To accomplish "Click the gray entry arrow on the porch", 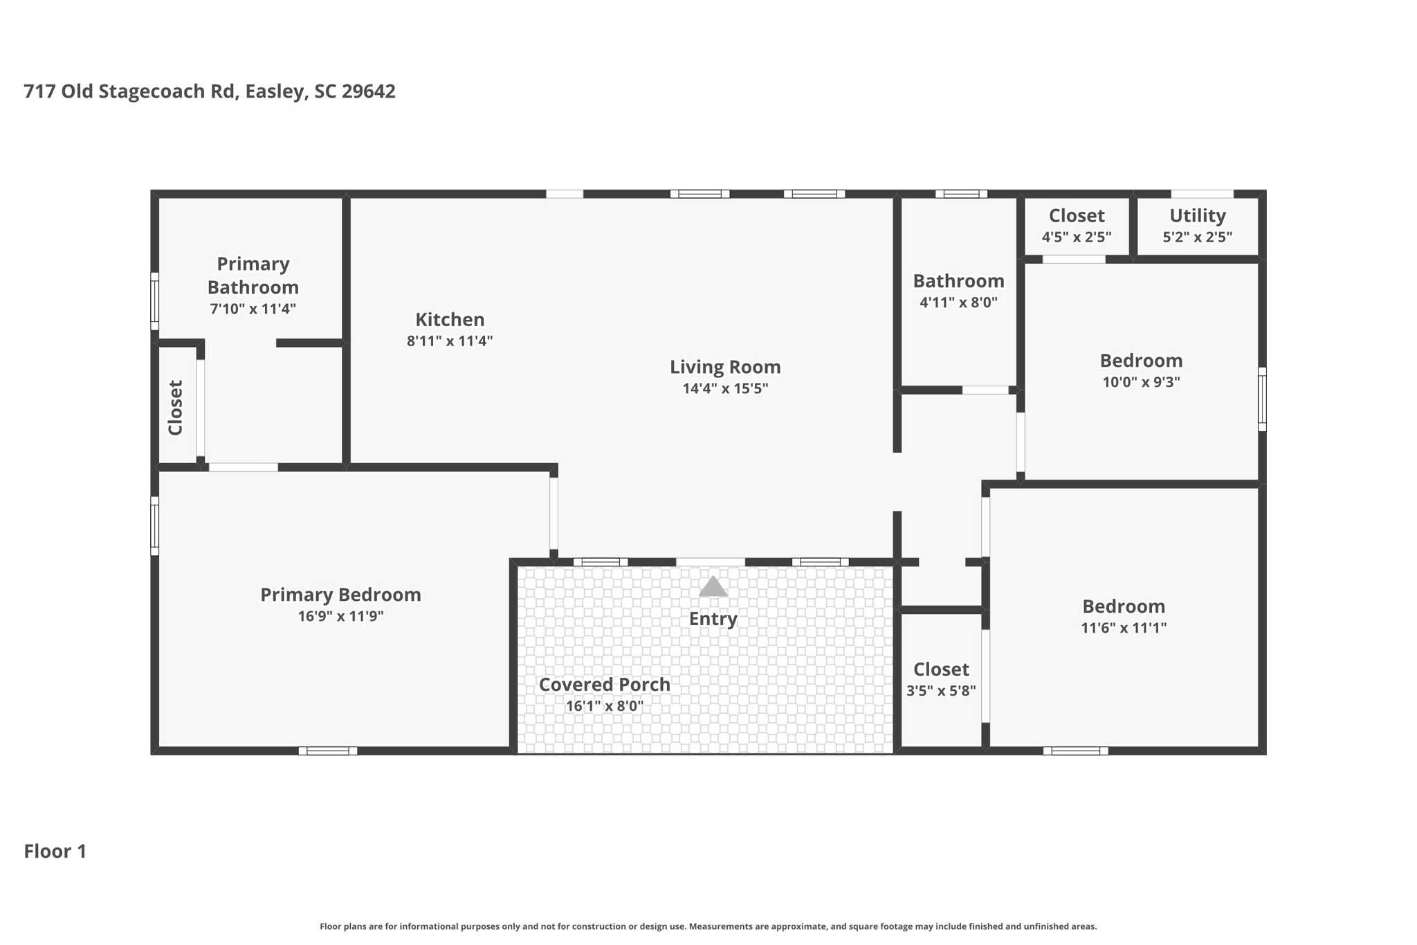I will pyautogui.click(x=713, y=587).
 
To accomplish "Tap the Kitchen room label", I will pyautogui.click(x=450, y=319).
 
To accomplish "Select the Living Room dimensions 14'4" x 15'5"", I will pyautogui.click(x=725, y=388).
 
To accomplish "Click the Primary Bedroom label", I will pyautogui.click(x=340, y=595).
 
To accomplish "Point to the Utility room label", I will pyautogui.click(x=1197, y=215).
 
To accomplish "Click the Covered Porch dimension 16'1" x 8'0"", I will pyautogui.click(x=605, y=706).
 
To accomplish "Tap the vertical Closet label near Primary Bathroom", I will pyautogui.click(x=176, y=408).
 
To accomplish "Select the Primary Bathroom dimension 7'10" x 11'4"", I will pyautogui.click(x=253, y=309).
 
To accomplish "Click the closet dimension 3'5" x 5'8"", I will pyautogui.click(x=941, y=691).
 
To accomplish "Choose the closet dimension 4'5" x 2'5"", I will pyautogui.click(x=1077, y=237).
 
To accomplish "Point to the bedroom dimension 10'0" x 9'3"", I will pyautogui.click(x=1141, y=382).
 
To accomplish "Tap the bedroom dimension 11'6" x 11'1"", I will pyautogui.click(x=1124, y=628).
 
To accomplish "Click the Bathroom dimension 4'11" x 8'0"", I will pyautogui.click(x=958, y=302).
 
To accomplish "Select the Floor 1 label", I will pyautogui.click(x=55, y=851).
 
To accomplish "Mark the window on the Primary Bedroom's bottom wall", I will pyautogui.click(x=328, y=750).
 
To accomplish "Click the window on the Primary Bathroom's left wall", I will pyautogui.click(x=155, y=301).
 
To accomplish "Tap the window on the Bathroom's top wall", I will pyautogui.click(x=961, y=194).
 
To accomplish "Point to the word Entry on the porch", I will pyautogui.click(x=713, y=619).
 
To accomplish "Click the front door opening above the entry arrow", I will pyautogui.click(x=710, y=562).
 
